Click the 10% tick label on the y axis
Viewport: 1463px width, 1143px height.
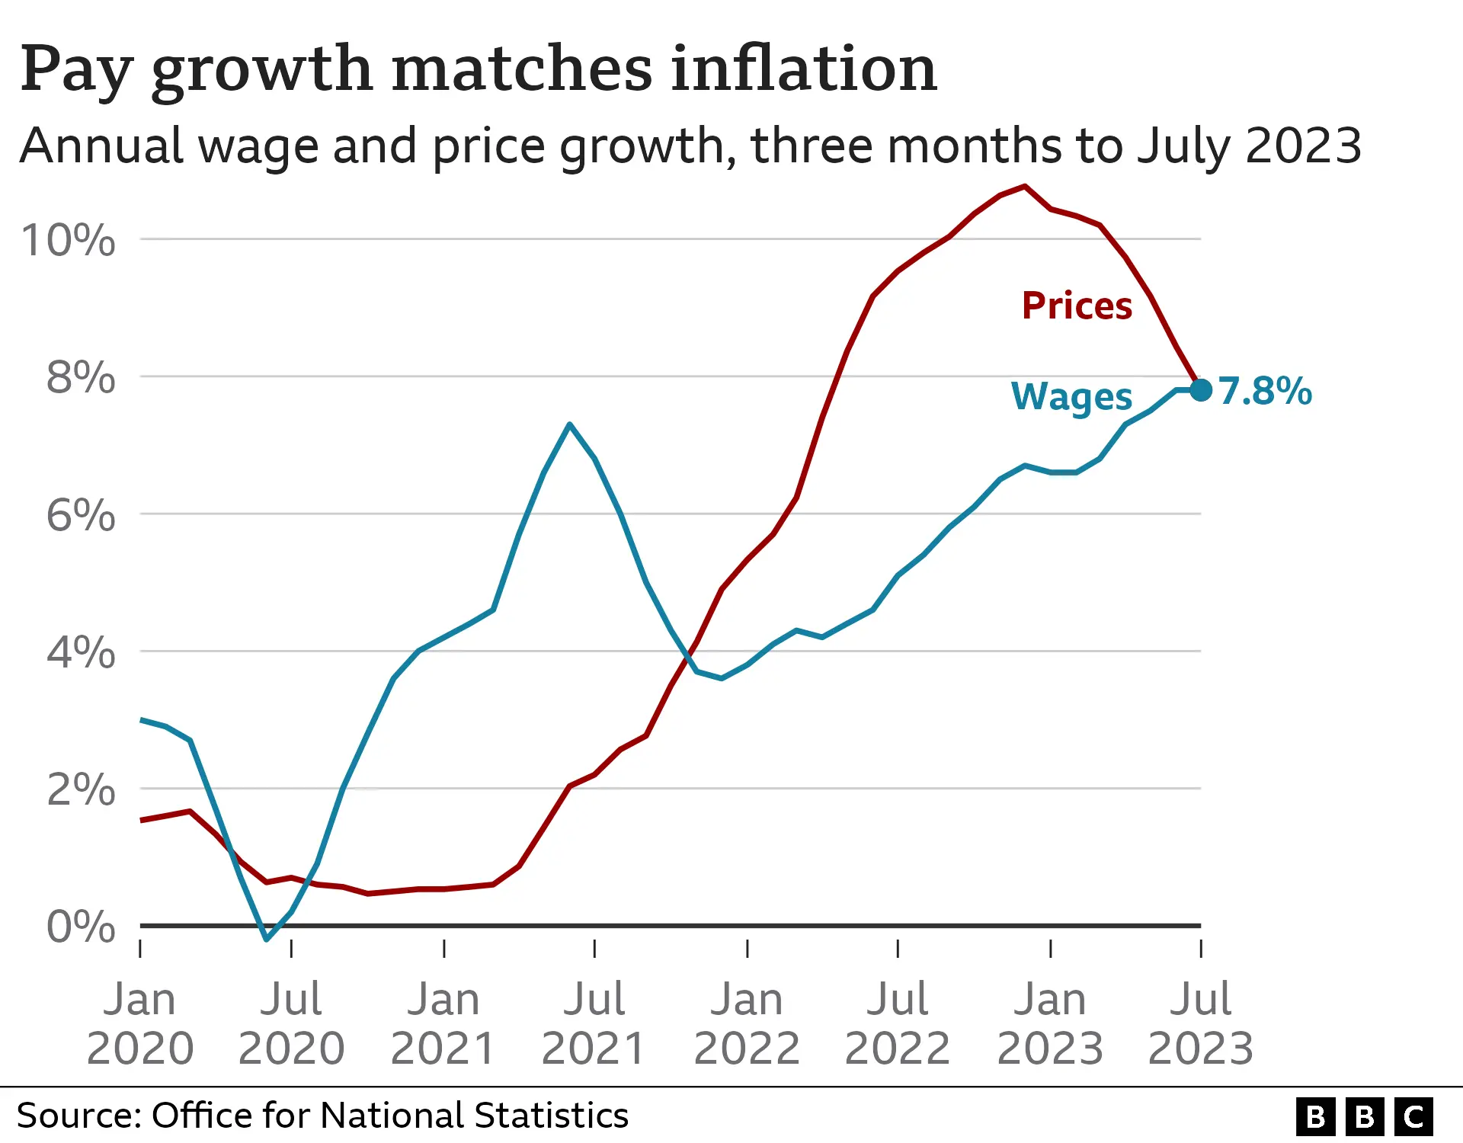(69, 240)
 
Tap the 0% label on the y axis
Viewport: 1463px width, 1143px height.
(81, 927)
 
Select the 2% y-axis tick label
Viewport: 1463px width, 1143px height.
(81, 789)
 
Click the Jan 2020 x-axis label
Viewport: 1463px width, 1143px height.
(140, 1023)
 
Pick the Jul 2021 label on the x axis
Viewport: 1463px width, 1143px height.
(594, 1023)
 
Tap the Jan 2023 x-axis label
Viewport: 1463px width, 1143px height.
(1050, 1023)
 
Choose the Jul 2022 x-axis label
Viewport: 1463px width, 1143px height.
(898, 1023)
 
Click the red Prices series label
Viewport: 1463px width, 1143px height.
(1077, 306)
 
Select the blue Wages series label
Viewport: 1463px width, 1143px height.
(1071, 397)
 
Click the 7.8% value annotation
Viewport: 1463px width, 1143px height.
(1265, 391)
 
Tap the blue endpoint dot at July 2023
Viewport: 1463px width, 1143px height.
(1201, 390)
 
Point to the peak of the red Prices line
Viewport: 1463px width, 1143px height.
(1025, 186)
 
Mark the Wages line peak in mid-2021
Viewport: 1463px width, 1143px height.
(570, 424)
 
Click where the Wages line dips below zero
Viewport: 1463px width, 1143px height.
(267, 938)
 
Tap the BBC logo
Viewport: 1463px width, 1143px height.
(1364, 1117)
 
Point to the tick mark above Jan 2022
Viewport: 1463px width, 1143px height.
(748, 949)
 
